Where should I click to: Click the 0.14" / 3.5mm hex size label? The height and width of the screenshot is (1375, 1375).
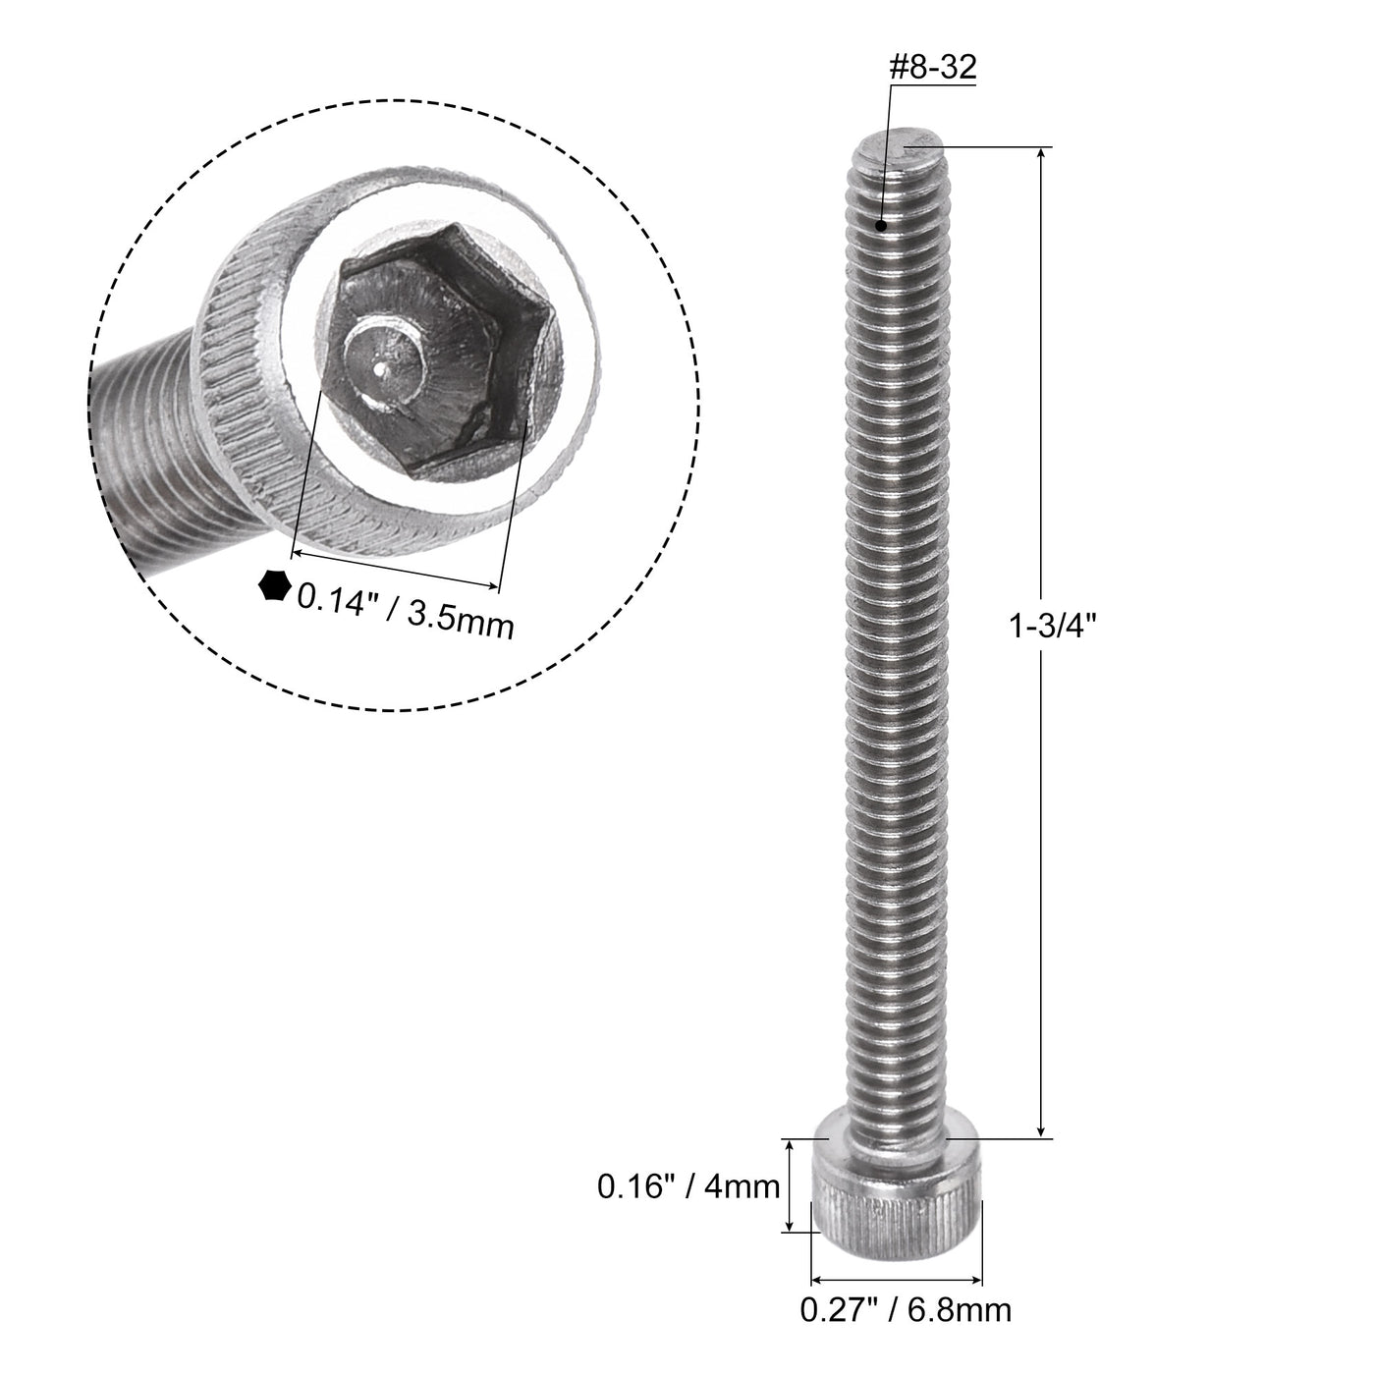406,609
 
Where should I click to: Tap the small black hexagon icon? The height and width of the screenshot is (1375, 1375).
273,585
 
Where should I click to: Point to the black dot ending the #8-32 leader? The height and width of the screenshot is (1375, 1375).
883,225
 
